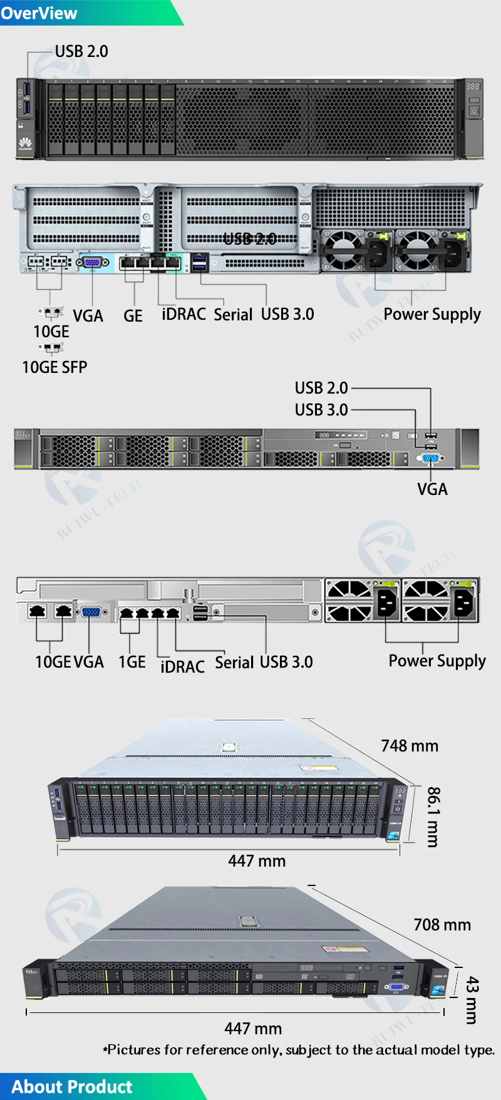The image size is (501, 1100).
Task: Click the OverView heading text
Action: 39,13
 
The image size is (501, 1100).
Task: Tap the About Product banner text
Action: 72,1086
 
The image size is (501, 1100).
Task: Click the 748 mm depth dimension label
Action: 410,746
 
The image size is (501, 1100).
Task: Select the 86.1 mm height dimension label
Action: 433,817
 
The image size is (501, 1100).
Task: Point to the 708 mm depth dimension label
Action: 442,925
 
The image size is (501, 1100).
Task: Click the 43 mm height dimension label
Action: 472,1000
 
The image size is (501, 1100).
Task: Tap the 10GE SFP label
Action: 54,367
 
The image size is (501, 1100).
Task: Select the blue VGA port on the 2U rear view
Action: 92,262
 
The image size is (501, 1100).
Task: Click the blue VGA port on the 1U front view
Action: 431,459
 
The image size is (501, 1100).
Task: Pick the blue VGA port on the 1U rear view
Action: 91,612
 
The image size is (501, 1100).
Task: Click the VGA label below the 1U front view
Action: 432,489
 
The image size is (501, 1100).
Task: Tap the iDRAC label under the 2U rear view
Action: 183,314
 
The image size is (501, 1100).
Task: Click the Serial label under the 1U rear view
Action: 234,662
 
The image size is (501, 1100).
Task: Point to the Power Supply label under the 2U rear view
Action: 432,314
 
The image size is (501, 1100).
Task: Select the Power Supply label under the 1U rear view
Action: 437,661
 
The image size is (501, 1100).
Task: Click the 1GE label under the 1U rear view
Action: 132,662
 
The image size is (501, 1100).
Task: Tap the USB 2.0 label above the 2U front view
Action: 81,51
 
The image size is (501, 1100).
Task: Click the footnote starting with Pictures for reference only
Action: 299,1050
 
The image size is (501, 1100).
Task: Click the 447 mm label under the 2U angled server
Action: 257,861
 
